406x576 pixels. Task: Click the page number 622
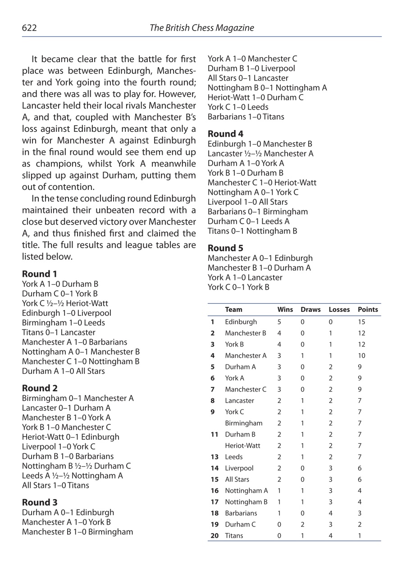coord(29,28)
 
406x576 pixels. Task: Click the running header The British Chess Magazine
coord(201,28)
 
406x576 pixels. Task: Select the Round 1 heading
coord(40,274)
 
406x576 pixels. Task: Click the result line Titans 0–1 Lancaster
coord(59,333)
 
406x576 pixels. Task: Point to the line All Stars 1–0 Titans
coord(55,486)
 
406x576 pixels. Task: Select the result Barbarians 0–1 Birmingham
coord(258,212)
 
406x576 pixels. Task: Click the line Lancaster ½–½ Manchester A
coord(260,154)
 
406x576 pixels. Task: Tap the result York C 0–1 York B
coord(238,287)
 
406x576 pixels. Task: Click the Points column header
coord(368,310)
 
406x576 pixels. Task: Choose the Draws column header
coord(310,310)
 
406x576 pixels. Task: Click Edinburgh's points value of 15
coord(361,322)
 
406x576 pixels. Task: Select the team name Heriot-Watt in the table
coord(242,445)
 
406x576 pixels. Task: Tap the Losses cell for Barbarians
coord(330,513)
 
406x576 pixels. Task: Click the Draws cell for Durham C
coord(302,524)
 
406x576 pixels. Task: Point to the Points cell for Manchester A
coord(361,355)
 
